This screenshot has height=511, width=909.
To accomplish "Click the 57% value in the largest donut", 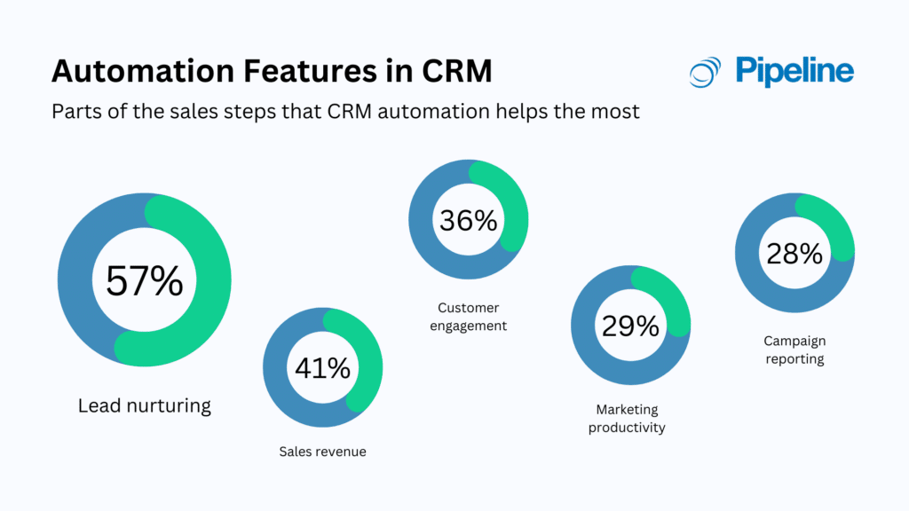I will click(145, 281).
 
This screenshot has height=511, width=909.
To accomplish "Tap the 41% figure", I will click(322, 366).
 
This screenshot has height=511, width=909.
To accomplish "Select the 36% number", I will click(468, 220).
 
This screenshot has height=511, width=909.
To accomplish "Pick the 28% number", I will click(794, 254).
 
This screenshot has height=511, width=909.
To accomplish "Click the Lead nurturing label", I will click(145, 406).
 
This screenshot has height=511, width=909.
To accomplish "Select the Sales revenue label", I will click(322, 452).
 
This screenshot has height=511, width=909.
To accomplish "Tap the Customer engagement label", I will click(468, 317).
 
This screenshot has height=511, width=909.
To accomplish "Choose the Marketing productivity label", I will click(630, 418).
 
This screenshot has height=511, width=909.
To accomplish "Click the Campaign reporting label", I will click(794, 350).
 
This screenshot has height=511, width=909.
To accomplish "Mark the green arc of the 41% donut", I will click(371, 373).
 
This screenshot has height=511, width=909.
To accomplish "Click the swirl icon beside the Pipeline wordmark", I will click(706, 72).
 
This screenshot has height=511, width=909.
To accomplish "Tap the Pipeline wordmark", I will click(794, 71).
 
